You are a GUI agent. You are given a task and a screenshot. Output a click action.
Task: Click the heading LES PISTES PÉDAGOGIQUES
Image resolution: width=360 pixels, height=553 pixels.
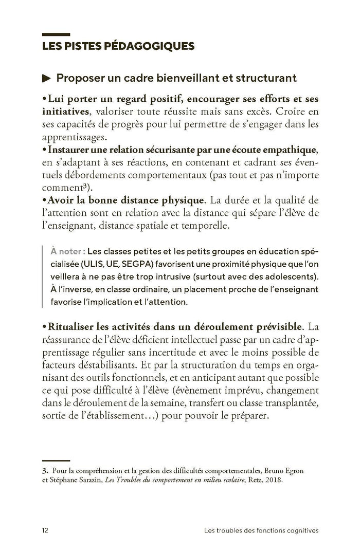click(x=118, y=46)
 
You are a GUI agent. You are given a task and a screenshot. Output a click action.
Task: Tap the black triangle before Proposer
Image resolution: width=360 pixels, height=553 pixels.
click(x=46, y=79)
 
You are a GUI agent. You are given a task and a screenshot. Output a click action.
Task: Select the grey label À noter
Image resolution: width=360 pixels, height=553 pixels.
click(x=67, y=252)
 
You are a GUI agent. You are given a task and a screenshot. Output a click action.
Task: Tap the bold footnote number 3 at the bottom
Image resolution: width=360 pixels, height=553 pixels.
click(x=43, y=470)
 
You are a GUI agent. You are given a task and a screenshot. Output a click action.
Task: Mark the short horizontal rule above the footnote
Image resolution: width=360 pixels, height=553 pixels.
click(x=55, y=460)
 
